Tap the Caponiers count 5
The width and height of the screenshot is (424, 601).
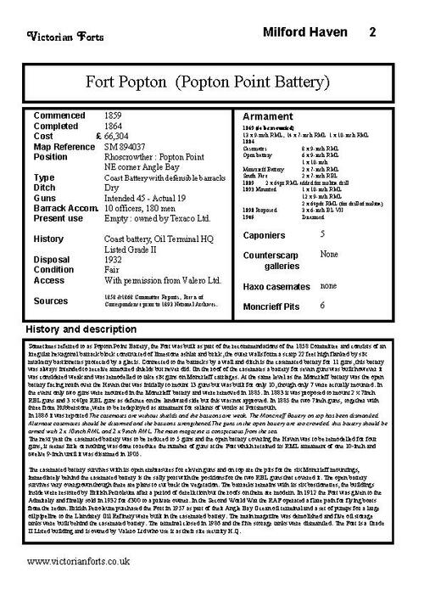coord(322,232)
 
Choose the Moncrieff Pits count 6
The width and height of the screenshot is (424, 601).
coord(322,304)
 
